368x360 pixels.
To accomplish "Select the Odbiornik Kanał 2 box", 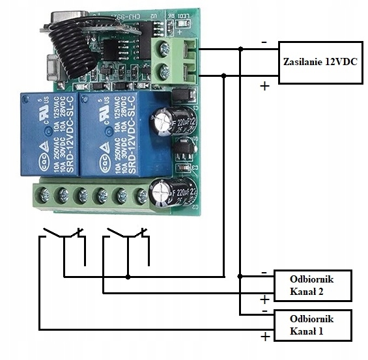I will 312,284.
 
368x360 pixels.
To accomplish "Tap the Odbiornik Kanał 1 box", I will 312,325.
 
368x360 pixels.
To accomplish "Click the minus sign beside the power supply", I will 264,42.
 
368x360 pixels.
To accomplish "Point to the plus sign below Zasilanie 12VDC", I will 264,86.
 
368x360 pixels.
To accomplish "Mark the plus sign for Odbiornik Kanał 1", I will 264,337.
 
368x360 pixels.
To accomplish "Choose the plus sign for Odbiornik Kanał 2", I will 264,299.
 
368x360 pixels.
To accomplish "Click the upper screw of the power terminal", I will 164,48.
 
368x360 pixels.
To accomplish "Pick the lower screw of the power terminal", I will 164,71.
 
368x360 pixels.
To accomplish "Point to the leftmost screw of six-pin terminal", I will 44,195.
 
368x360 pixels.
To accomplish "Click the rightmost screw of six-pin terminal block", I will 141,195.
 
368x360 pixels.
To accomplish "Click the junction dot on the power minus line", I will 241,49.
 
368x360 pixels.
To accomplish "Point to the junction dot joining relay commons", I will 128,277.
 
